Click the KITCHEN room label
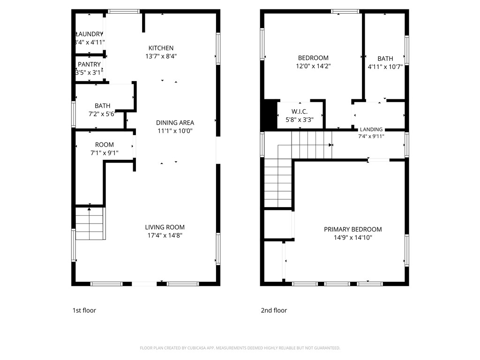[161, 48]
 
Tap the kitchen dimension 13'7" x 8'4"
[161, 56]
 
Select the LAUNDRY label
[89, 34]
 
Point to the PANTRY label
[89, 64]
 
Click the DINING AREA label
[175, 123]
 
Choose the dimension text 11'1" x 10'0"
[175, 131]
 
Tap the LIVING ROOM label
[165, 227]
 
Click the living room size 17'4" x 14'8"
[165, 236]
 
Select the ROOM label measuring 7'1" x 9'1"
[104, 145]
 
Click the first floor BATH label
[102, 106]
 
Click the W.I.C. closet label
[299, 111]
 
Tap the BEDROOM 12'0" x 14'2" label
[313, 58]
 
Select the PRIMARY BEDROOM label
[352, 229]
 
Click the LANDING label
[371, 129]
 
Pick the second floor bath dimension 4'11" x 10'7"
[385, 67]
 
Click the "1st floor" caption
[84, 310]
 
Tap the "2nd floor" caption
[274, 310]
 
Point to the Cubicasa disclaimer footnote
[240, 348]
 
